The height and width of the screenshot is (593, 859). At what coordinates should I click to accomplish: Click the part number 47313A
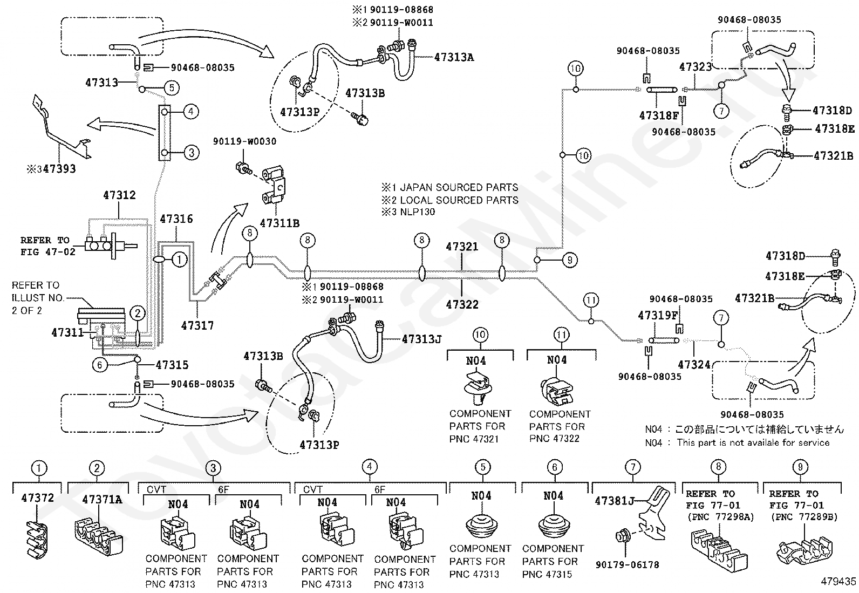(454, 58)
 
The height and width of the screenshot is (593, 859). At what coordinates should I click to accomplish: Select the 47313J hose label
(422, 339)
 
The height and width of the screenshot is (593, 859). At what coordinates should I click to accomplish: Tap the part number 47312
(119, 195)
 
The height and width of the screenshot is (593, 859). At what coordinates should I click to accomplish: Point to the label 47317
(197, 326)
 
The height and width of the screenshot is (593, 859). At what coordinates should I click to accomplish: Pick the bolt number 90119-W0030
(244, 141)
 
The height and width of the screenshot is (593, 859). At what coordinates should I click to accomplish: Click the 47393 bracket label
(59, 169)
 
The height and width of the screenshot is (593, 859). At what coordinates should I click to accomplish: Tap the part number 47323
(696, 67)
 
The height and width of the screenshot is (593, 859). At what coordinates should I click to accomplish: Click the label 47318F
(659, 115)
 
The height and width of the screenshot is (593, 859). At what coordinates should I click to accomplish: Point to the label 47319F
(658, 315)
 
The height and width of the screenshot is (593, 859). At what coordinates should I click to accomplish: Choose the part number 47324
(694, 365)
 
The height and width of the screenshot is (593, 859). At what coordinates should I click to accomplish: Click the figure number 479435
(838, 582)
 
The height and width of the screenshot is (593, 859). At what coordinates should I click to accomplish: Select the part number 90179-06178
(628, 564)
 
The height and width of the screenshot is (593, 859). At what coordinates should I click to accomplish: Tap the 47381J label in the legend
(615, 501)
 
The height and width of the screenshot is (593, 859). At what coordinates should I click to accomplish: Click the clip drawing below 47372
(37, 539)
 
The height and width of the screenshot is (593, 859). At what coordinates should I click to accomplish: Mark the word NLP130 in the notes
(418, 212)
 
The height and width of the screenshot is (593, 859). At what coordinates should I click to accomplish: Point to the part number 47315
(172, 365)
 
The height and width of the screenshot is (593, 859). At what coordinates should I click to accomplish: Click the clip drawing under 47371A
(99, 536)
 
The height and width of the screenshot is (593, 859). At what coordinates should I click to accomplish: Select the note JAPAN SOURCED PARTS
(459, 188)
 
